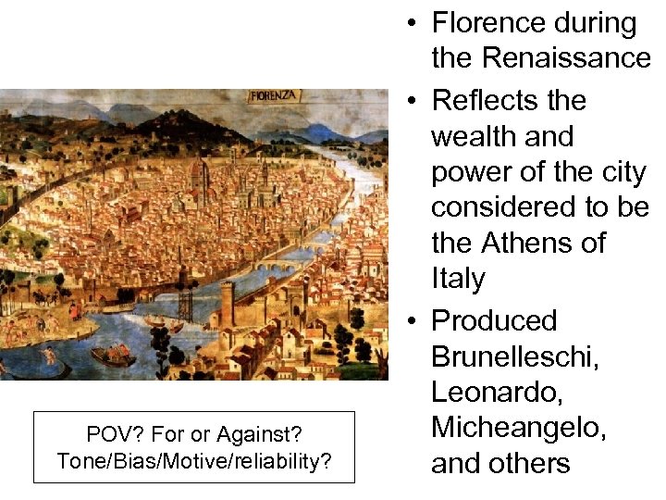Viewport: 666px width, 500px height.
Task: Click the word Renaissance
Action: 541,59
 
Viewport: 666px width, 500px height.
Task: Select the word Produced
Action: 494,320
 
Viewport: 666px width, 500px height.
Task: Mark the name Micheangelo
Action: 520,428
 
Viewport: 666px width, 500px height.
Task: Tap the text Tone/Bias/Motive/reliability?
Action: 193,461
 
